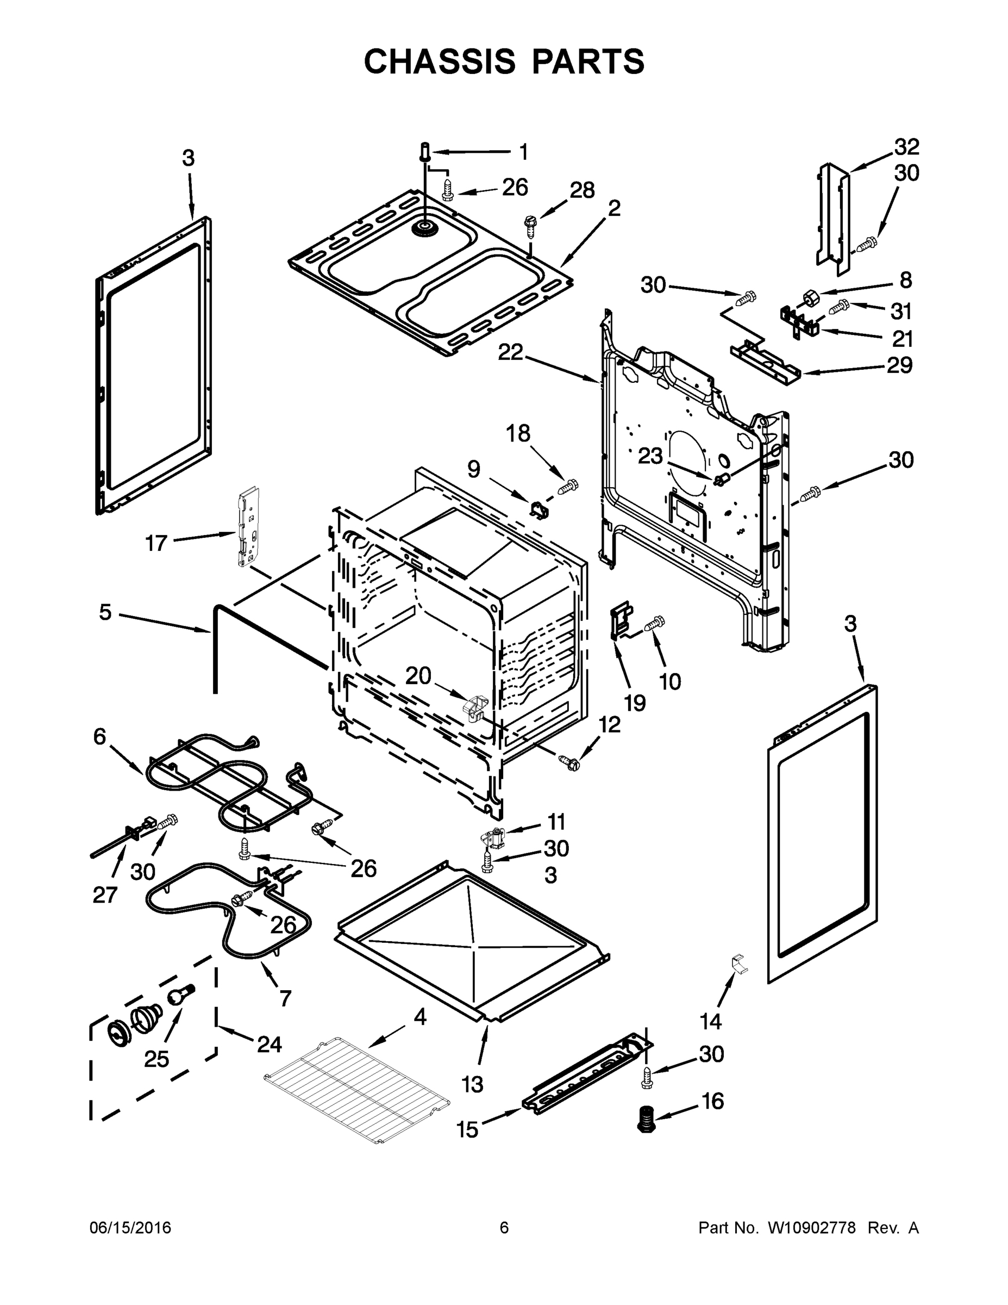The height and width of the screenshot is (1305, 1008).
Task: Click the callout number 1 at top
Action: tap(523, 152)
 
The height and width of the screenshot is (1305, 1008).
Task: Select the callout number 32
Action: tap(906, 146)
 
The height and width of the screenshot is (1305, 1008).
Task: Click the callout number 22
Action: tap(511, 352)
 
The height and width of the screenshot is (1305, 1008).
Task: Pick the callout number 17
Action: tap(156, 543)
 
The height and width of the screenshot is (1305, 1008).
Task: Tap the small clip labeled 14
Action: tap(739, 963)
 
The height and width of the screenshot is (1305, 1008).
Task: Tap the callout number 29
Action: tap(899, 364)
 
